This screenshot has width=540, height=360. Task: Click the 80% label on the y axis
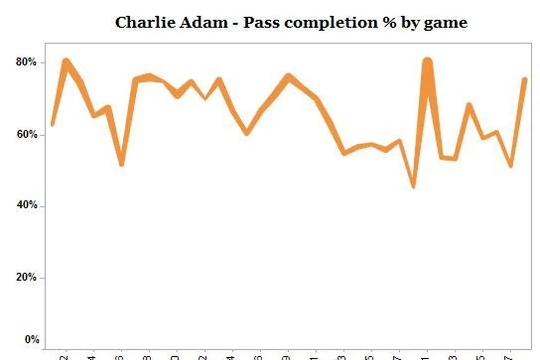(x=26, y=63)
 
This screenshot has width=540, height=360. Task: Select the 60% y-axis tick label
(x=26, y=135)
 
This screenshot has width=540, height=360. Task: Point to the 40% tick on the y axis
(x=26, y=206)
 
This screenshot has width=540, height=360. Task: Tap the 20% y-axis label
(x=26, y=278)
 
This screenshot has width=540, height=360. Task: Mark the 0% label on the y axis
(x=32, y=339)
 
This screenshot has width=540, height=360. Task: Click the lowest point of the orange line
(x=413, y=187)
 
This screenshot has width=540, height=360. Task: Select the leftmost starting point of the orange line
(x=52, y=124)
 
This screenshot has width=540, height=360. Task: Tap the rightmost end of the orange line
(x=525, y=79)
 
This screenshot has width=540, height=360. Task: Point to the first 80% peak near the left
(x=66, y=61)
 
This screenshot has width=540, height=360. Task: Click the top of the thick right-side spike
(x=427, y=61)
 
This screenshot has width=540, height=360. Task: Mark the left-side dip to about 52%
(x=121, y=164)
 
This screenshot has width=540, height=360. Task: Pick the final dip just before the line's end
(x=511, y=166)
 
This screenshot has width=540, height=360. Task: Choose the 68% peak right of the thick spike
(x=469, y=104)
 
